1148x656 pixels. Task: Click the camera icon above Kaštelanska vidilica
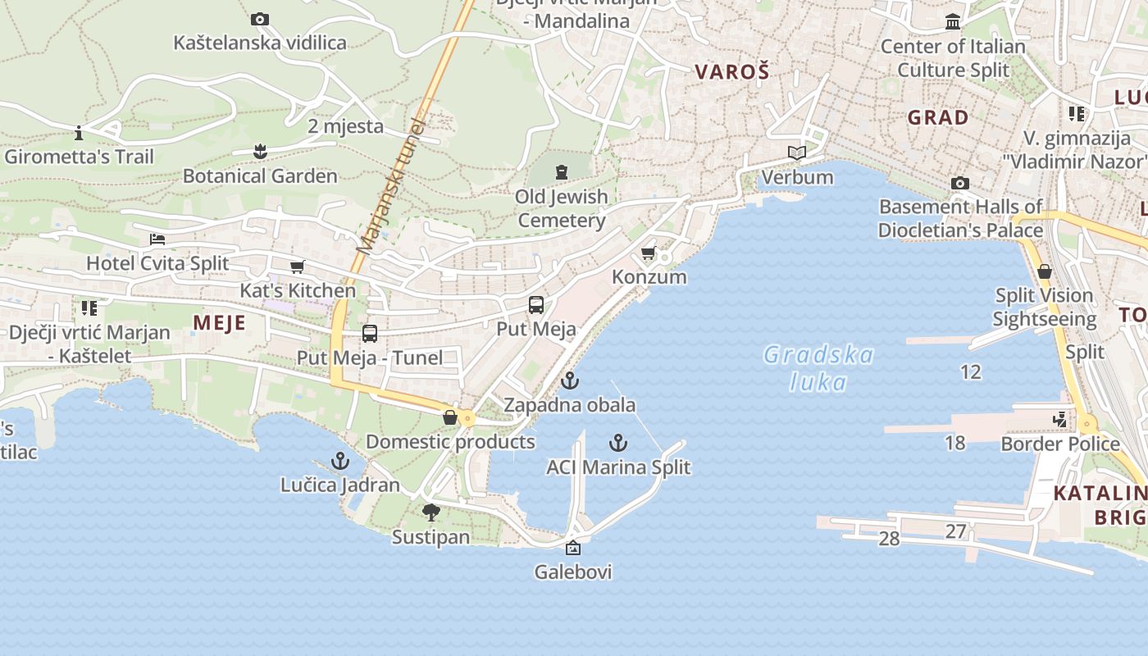pos(260,19)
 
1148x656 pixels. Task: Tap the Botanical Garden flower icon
pos(260,152)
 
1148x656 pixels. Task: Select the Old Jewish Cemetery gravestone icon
pos(561,172)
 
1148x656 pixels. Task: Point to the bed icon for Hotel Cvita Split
pos(157,239)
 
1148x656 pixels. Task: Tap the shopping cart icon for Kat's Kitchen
pos(297,266)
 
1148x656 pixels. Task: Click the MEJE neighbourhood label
pos(219,323)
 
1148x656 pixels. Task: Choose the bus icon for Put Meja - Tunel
pos(370,334)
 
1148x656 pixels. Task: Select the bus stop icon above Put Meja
pos(536,305)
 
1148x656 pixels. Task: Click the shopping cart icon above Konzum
pos(649,253)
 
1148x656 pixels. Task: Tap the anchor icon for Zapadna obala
pos(569,380)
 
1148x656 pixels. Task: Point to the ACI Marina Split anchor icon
pos(618,444)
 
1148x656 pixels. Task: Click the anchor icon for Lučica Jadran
pos(339,461)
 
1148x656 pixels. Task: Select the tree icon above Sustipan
pos(430,513)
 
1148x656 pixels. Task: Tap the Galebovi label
pos(573,572)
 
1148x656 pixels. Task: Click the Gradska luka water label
pos(818,368)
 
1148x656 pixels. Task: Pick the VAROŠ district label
pos(732,72)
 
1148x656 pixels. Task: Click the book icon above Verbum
pos(796,153)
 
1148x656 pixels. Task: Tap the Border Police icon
pos(1060,420)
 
